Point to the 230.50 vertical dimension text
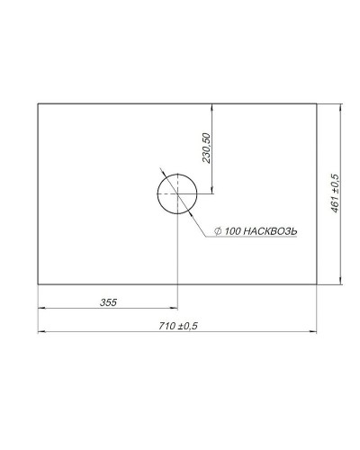pyautogui.click(x=206, y=148)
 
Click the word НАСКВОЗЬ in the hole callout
pyautogui.click(x=269, y=232)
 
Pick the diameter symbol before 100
pyautogui.click(x=220, y=232)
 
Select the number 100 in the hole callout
pyautogui.click(x=233, y=232)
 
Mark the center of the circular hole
pyautogui.click(x=177, y=193)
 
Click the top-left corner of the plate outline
pyautogui.click(x=38, y=103)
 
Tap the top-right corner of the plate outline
pyautogui.click(x=318, y=103)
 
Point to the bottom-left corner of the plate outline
pyautogui.click(x=38, y=283)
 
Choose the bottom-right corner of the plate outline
pyautogui.click(x=318, y=283)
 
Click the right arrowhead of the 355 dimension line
pyautogui.click(x=175, y=309)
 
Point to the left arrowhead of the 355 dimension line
pyautogui.click(x=40, y=309)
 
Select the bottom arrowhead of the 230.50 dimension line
pyautogui.click(x=212, y=190)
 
